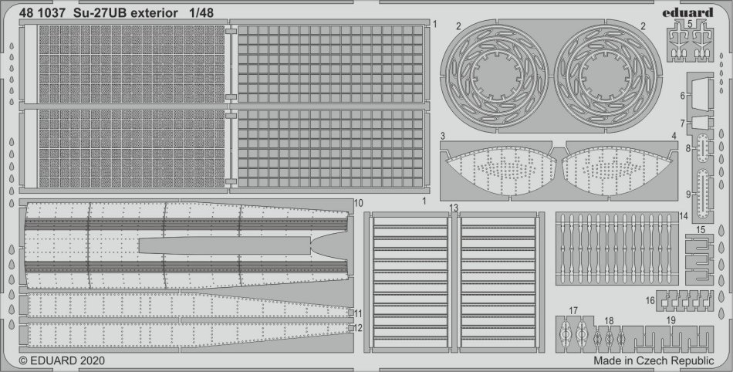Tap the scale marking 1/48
click(x=201, y=13)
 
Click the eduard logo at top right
click(x=687, y=12)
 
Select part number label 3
click(x=442, y=136)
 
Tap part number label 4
click(x=674, y=136)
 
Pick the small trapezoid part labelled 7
click(x=700, y=123)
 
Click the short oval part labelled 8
click(x=703, y=147)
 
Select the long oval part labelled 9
click(x=703, y=194)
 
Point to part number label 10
click(x=359, y=203)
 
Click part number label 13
click(x=454, y=208)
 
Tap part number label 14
click(x=684, y=216)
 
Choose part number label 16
click(x=650, y=300)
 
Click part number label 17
click(x=573, y=311)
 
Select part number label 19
click(x=671, y=320)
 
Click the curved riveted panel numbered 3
click(x=501, y=171)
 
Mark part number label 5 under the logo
click(x=690, y=23)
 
